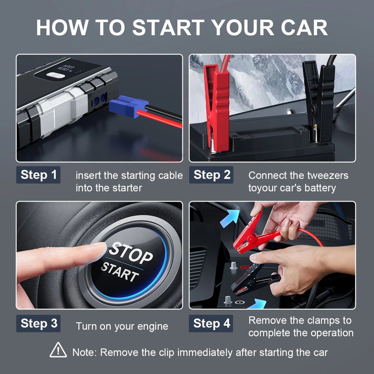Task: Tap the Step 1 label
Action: (38, 175)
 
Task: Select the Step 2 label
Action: (211, 175)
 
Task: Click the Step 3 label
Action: (38, 324)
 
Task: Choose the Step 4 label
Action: (211, 324)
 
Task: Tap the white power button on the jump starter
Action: (56, 75)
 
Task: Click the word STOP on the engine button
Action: (131, 252)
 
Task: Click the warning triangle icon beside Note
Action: (58, 350)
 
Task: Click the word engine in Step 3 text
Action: (153, 326)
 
